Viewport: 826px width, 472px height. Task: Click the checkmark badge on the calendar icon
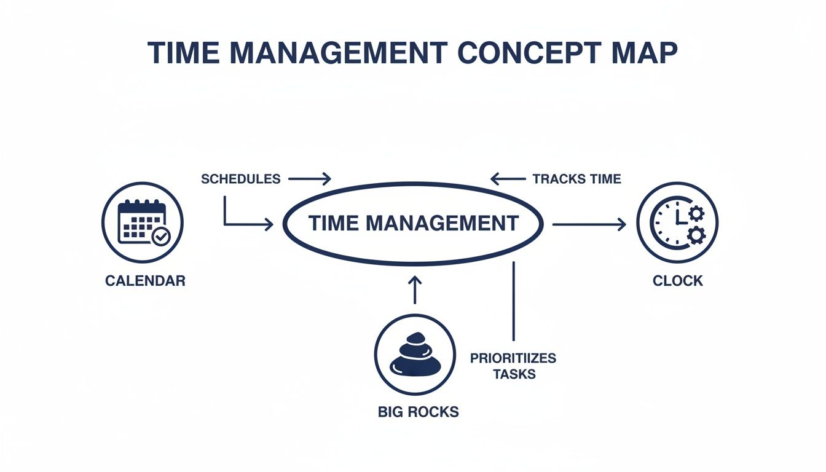tap(161, 237)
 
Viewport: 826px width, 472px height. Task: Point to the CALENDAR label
tap(145, 281)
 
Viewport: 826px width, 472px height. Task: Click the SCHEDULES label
tap(240, 179)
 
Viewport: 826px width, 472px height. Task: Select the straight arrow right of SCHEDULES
tap(310, 179)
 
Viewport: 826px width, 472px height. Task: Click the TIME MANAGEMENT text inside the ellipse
tap(413, 223)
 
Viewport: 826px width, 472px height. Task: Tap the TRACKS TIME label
tap(576, 179)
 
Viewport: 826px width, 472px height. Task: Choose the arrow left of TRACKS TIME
tap(509, 179)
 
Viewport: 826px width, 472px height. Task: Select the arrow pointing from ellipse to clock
tap(589, 225)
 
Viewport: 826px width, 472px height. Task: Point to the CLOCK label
tap(678, 281)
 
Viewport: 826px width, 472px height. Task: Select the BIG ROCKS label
tap(418, 411)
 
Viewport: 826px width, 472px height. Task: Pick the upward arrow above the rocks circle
tap(415, 289)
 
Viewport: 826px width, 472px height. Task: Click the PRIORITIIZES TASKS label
tap(513, 366)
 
